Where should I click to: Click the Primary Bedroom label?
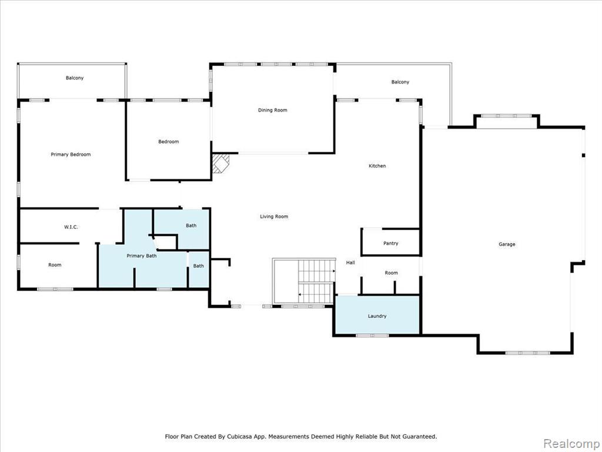(x=71, y=155)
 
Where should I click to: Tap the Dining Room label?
(x=273, y=110)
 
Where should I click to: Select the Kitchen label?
(x=377, y=166)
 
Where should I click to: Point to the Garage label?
(x=507, y=244)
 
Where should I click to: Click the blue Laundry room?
(x=377, y=315)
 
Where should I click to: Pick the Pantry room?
(x=391, y=242)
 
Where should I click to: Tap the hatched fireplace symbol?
(x=221, y=164)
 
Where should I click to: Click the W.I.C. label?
(x=71, y=227)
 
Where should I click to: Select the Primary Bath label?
(x=142, y=256)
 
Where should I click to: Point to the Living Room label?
(x=274, y=217)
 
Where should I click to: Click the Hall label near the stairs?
(x=350, y=263)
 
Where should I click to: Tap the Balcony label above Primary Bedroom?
(x=75, y=78)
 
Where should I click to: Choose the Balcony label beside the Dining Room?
(x=400, y=82)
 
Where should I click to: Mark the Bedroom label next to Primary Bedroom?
(x=169, y=142)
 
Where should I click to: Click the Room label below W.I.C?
(x=55, y=265)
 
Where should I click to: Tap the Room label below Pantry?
(x=391, y=273)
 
